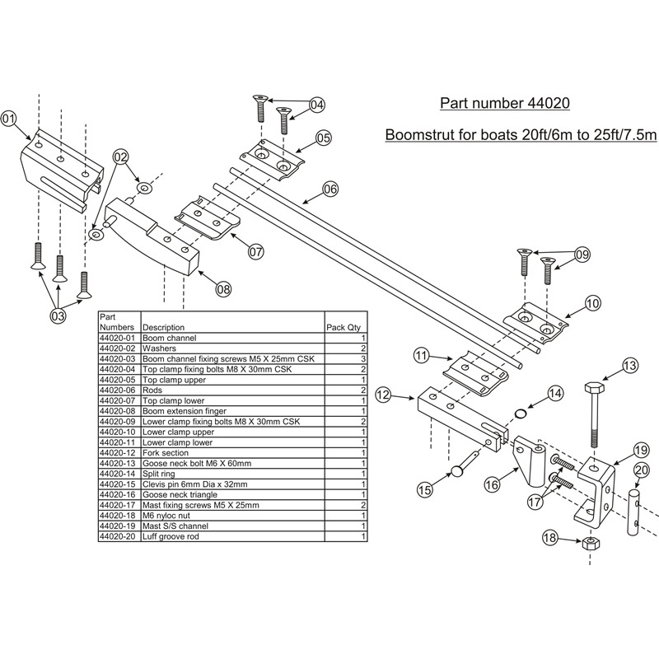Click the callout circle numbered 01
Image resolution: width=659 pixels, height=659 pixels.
click(x=9, y=118)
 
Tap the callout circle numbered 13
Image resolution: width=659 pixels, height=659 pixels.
click(x=629, y=365)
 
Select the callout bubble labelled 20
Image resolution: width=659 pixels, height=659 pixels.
click(x=641, y=470)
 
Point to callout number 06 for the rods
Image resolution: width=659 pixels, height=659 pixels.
click(x=329, y=189)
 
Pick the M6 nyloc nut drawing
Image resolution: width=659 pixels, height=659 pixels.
click(x=590, y=545)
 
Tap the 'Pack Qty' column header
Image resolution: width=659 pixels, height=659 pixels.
click(x=344, y=327)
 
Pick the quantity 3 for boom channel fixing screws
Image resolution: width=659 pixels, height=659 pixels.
click(x=362, y=359)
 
